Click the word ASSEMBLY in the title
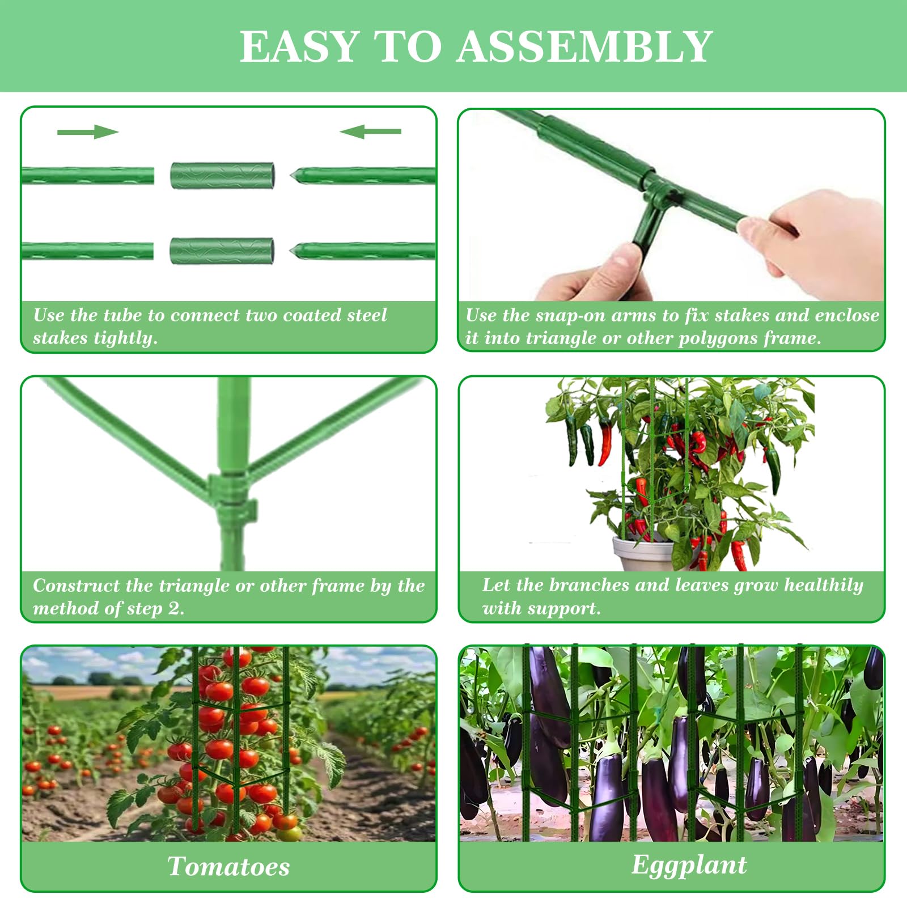(584, 46)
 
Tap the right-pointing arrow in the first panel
(88, 132)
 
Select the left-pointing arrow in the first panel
(370, 132)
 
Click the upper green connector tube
(222, 176)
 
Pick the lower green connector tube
(222, 251)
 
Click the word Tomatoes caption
(228, 866)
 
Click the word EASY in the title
(300, 46)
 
